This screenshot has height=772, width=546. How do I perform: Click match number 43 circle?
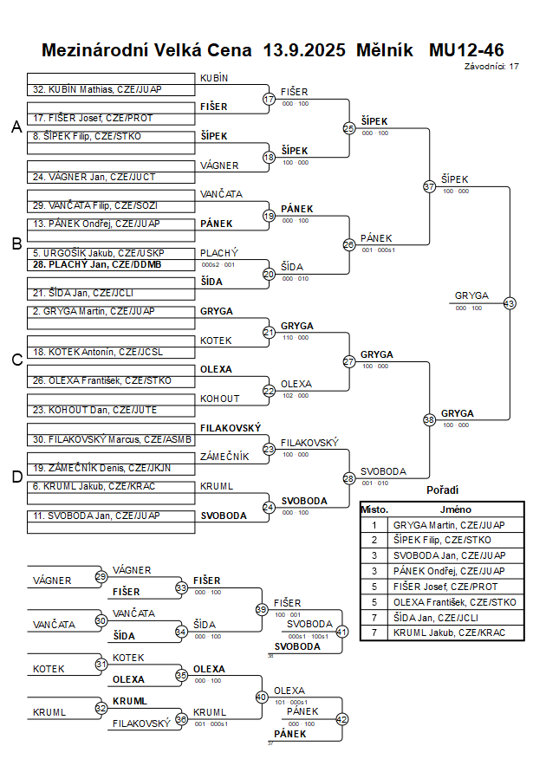click(510, 303)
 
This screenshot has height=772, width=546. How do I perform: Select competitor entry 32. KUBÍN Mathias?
click(97, 89)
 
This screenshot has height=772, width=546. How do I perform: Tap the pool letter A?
click(16, 127)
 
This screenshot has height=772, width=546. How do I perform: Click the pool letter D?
click(16, 476)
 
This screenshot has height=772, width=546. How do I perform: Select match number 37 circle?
click(429, 186)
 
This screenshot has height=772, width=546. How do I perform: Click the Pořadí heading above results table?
click(442, 490)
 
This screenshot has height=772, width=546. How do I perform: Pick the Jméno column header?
click(456, 509)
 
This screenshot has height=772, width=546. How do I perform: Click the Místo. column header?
click(374, 509)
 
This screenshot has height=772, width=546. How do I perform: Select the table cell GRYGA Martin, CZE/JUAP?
click(449, 524)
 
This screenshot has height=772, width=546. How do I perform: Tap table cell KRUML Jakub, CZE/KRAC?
click(448, 633)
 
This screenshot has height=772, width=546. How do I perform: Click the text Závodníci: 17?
click(491, 66)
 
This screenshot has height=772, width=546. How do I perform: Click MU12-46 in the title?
click(466, 50)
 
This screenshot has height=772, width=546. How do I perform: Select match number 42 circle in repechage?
click(341, 718)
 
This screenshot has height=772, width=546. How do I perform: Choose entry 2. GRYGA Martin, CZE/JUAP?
click(97, 310)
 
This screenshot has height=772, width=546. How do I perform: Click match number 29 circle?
click(101, 576)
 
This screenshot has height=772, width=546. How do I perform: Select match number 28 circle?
click(348, 478)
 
